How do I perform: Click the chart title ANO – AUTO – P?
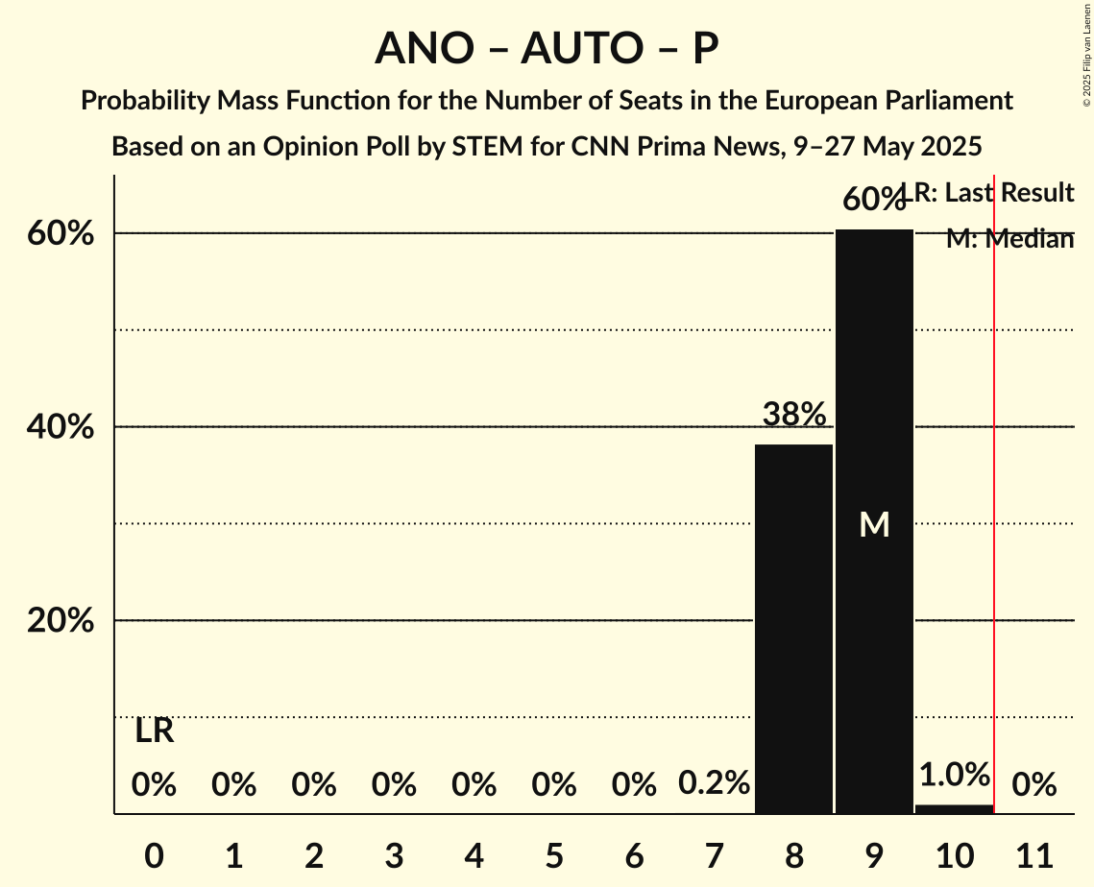click(x=547, y=48)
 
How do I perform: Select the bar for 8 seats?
click(x=793, y=629)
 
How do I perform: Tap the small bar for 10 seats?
click(x=954, y=809)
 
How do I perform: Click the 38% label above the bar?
click(x=793, y=415)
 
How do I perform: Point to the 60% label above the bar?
click(x=873, y=200)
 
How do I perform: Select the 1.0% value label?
click(x=954, y=775)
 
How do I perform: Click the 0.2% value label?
click(x=714, y=783)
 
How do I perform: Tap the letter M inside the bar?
click(x=874, y=524)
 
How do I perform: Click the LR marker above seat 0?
click(x=154, y=731)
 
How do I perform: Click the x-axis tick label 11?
click(x=1033, y=853)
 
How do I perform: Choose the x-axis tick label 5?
click(x=553, y=853)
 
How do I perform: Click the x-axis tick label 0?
click(x=154, y=853)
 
